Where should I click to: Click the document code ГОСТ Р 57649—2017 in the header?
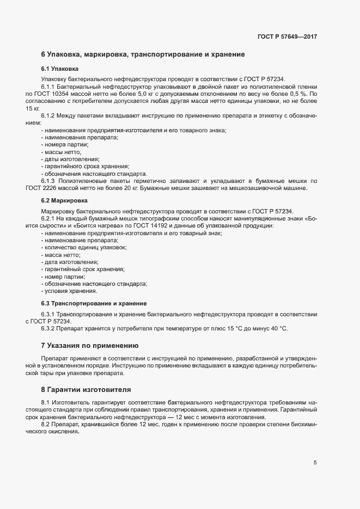coord(287,36)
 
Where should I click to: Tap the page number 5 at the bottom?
coord(315,463)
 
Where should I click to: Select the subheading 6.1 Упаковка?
coord(60,69)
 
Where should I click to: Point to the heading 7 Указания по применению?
coord(90,345)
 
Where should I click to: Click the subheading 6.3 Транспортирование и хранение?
coord(94,303)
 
